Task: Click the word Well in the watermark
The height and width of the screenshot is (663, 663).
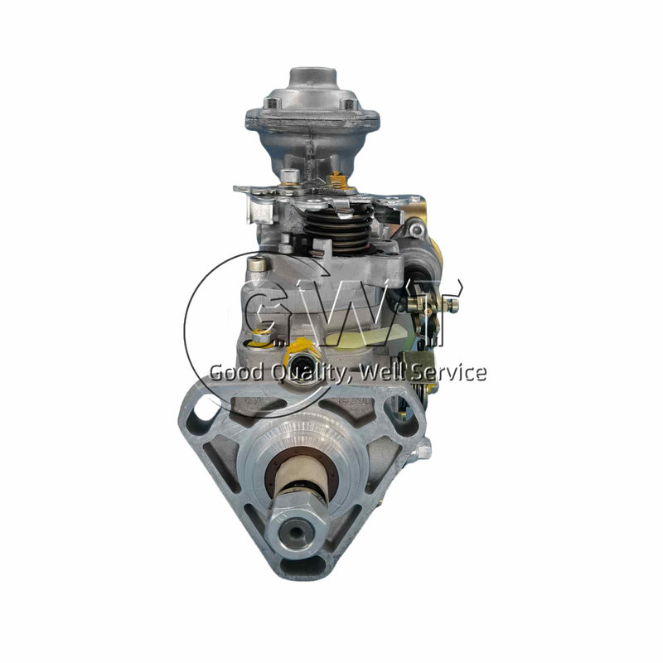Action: click(x=389, y=373)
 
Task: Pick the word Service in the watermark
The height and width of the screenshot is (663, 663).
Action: click(x=451, y=373)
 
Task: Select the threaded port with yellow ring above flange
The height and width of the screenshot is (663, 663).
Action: click(x=296, y=358)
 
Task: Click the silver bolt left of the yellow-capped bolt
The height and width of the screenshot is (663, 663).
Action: click(x=288, y=175)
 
